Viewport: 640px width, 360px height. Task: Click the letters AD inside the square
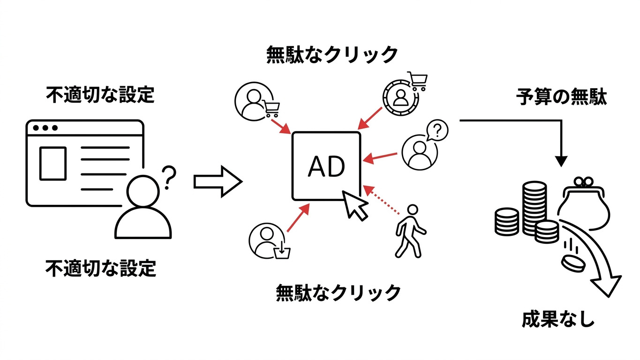click(326, 166)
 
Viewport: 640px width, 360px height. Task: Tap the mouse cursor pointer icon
click(355, 205)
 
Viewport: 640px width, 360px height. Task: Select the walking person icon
click(409, 231)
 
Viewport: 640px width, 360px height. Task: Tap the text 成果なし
click(558, 319)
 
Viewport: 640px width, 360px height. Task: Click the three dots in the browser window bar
click(45, 127)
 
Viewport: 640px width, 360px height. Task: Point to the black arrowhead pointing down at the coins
click(561, 160)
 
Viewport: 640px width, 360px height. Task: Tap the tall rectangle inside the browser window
click(53, 163)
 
